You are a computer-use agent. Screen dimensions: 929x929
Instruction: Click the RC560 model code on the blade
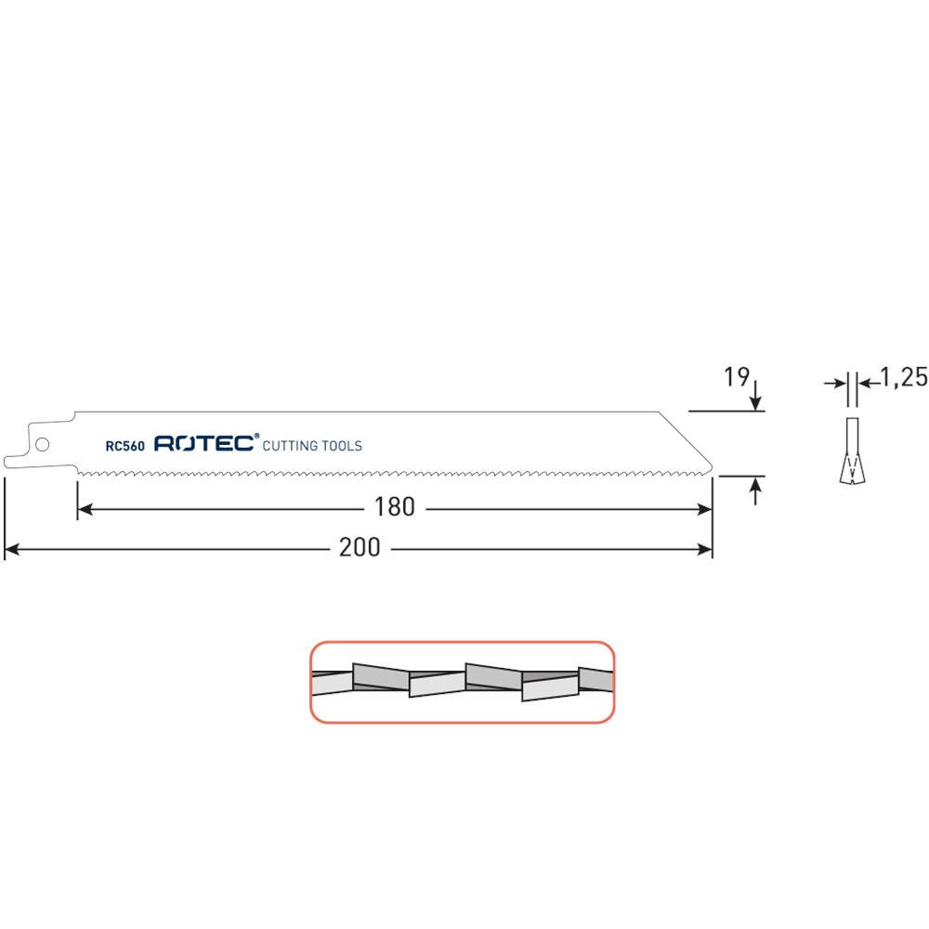(125, 446)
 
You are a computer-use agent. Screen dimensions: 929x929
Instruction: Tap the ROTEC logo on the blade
(204, 443)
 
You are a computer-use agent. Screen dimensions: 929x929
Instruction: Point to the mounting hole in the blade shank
(42, 444)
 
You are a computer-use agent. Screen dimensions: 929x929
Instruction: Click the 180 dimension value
(395, 507)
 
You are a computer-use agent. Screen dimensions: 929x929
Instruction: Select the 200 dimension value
(360, 547)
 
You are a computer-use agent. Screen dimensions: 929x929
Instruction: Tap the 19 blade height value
(737, 377)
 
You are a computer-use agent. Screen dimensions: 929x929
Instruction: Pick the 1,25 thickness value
(904, 377)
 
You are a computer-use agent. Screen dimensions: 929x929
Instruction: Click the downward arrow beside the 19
(755, 396)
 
